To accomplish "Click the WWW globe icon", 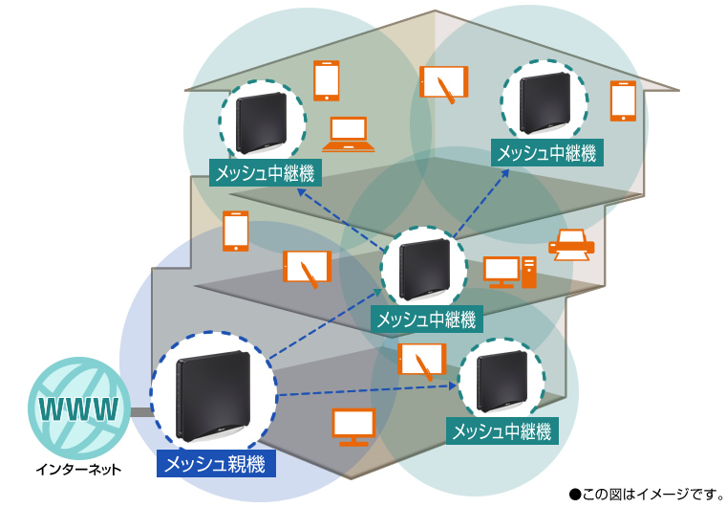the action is click(78, 408).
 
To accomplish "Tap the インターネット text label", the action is click(78, 470).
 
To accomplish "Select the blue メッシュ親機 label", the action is click(216, 463).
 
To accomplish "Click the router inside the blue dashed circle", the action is click(213, 396).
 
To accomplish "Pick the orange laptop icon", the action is click(348, 135).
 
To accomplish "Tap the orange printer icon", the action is click(571, 245).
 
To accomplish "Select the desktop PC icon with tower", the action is click(510, 272).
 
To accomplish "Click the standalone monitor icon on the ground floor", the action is click(353, 428).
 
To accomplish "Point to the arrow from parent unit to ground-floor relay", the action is click(367, 390).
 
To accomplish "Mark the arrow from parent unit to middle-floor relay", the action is click(326, 323).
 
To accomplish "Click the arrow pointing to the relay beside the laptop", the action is click(342, 216).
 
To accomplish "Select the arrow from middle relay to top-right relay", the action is click(481, 203).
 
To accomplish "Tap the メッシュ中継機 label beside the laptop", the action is click(266, 173).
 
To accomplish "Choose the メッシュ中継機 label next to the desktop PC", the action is click(426, 320).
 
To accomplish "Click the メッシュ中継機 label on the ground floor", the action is click(502, 431).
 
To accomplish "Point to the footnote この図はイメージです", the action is click(647, 495).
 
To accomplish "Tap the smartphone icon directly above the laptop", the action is click(327, 80).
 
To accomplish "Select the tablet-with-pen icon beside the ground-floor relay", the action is click(422, 361).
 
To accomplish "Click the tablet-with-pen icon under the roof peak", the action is click(443, 83).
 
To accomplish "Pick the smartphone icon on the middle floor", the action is click(236, 231).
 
